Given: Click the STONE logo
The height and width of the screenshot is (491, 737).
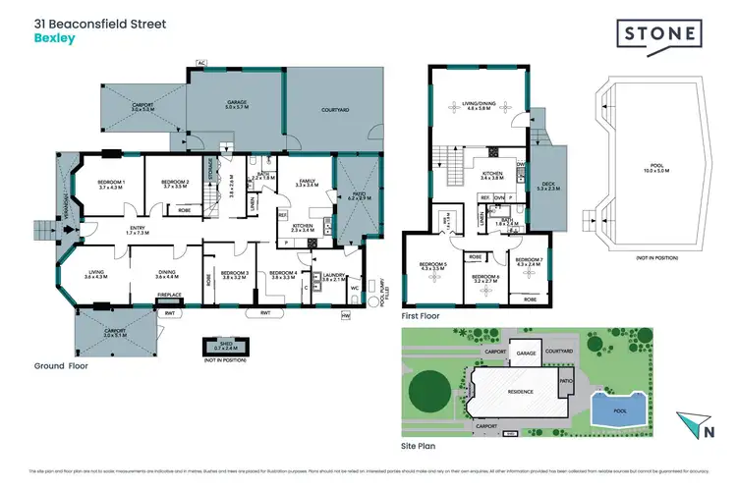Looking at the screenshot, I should pyautogui.click(x=658, y=34).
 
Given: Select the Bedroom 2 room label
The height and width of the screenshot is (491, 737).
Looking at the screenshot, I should pyautogui.click(x=174, y=184).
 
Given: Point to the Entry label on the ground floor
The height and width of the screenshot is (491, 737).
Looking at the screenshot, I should pyautogui.click(x=136, y=230).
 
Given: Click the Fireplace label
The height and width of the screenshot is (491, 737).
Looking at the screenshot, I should pyautogui.click(x=169, y=294).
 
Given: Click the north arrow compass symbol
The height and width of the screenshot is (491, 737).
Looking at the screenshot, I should pyautogui.click(x=704, y=426).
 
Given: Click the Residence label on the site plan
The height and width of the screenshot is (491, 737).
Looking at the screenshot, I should pyautogui.click(x=521, y=392).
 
